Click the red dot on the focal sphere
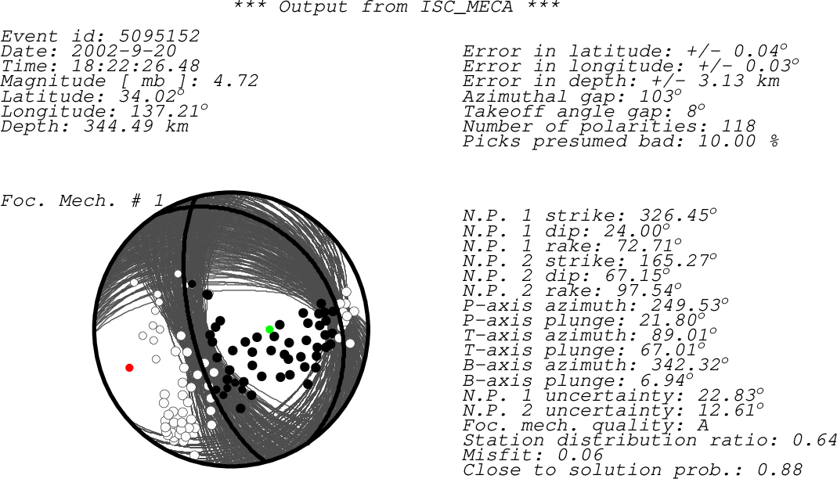click(129, 368)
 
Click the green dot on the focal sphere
click(269, 330)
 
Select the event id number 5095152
click(159, 36)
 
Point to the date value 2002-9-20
click(124, 51)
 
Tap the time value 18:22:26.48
click(135, 67)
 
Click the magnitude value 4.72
click(236, 81)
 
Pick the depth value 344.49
click(118, 126)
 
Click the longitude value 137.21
click(165, 111)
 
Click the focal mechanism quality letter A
click(703, 424)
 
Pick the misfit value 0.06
click(580, 455)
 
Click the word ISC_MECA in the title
click(467, 7)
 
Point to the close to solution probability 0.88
click(779, 470)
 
